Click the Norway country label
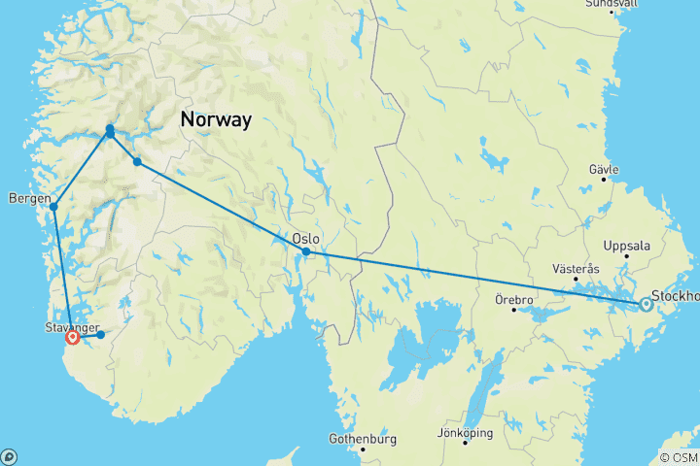pyautogui.click(x=215, y=120)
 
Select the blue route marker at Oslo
pyautogui.click(x=306, y=251)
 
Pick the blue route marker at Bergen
pyautogui.click(x=53, y=206)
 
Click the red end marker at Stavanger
pyautogui.click(x=73, y=338)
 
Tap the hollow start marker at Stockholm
pyautogui.click(x=646, y=305)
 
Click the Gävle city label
pyautogui.click(x=604, y=169)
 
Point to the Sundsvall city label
pyautogui.click(x=612, y=4)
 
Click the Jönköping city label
pyautogui.click(x=465, y=432)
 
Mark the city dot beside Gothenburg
pyautogui.click(x=363, y=449)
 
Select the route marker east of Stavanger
pyautogui.click(x=100, y=335)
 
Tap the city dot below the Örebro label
pyautogui.click(x=514, y=309)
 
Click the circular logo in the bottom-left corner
pyautogui.click(x=9, y=456)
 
